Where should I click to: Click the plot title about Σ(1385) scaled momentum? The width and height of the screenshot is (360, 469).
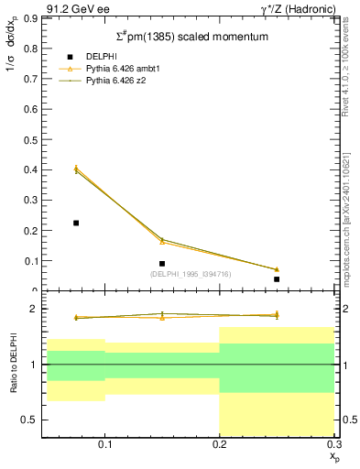pyautogui.click(x=191, y=38)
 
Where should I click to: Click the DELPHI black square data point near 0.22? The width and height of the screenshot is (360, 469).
pyautogui.click(x=76, y=223)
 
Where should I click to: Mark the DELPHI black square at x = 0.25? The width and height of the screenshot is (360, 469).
pyautogui.click(x=277, y=279)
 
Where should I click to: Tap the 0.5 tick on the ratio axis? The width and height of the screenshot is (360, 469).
pyautogui.click(x=31, y=420)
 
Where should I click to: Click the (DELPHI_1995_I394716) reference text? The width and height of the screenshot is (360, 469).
pyautogui.click(x=191, y=273)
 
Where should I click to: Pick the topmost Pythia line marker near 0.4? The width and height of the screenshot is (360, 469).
pyautogui.click(x=76, y=168)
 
